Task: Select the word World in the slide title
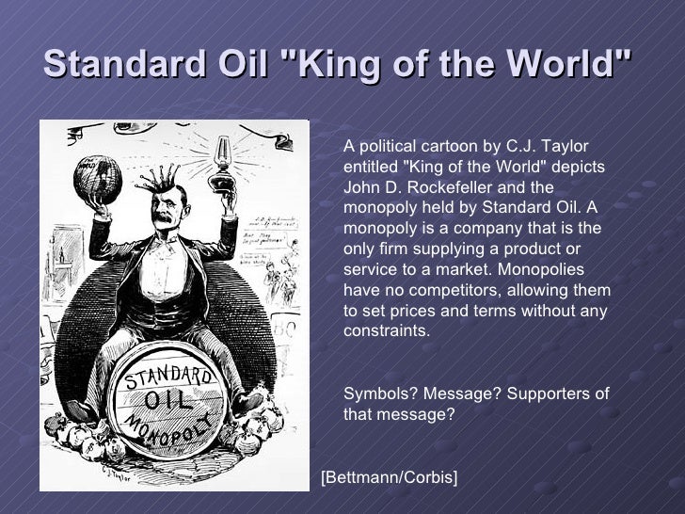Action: [x=573, y=65]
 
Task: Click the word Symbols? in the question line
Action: [x=377, y=394]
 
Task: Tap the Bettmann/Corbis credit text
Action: [x=390, y=478]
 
